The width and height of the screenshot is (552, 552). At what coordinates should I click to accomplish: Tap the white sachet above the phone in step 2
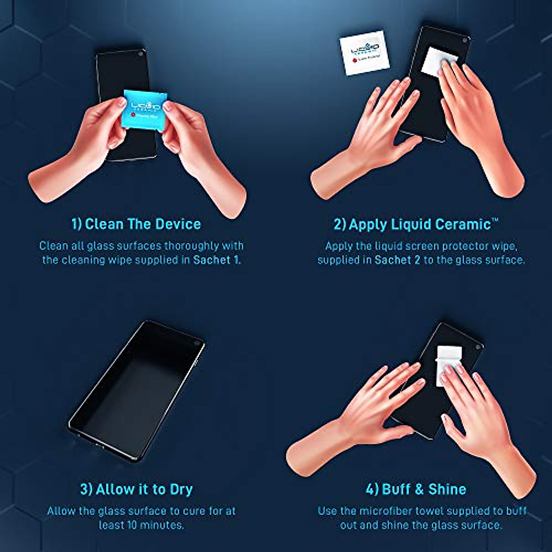(x=364, y=53)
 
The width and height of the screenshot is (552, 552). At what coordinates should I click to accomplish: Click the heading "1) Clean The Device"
(x=136, y=224)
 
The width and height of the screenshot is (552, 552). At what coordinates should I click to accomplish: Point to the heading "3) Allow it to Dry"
(x=136, y=489)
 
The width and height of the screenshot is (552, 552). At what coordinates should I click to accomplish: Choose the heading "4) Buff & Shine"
(x=415, y=489)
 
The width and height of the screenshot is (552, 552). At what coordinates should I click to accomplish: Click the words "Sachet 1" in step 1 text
(x=216, y=260)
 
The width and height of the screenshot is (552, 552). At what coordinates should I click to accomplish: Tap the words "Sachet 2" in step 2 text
(x=397, y=260)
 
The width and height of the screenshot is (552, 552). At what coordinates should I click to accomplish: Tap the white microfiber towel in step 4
(x=448, y=364)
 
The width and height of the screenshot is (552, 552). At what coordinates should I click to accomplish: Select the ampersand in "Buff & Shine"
(x=419, y=489)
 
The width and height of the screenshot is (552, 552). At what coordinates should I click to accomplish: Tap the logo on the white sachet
(x=364, y=48)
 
